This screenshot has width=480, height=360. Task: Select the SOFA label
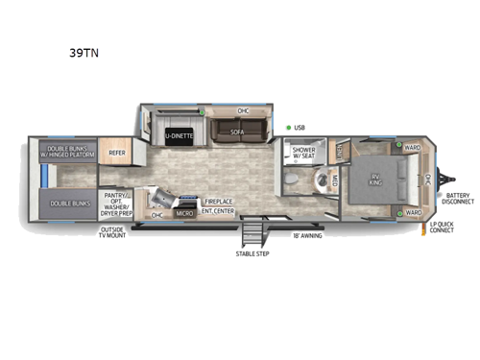tap(234, 135)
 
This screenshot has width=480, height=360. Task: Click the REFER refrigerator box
tap(116, 152)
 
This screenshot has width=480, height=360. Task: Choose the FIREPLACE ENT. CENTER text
tap(219, 205)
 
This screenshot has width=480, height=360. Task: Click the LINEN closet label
tap(339, 150)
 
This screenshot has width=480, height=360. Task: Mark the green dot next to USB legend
tap(288, 127)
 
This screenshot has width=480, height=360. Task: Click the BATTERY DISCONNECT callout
tap(457, 199)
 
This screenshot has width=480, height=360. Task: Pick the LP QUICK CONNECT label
tap(442, 228)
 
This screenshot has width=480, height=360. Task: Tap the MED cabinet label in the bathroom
tap(335, 181)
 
